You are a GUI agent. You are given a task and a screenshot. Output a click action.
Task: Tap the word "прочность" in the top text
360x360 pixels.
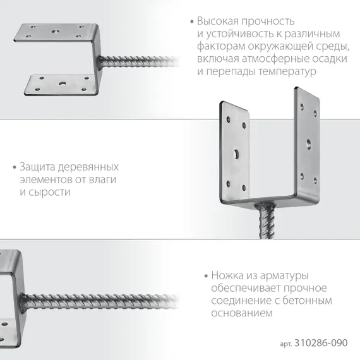(268, 20)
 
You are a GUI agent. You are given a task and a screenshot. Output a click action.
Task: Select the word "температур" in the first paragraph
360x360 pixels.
(282, 71)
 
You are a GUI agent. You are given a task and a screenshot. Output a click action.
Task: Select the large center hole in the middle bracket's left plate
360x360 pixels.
(235, 152)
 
